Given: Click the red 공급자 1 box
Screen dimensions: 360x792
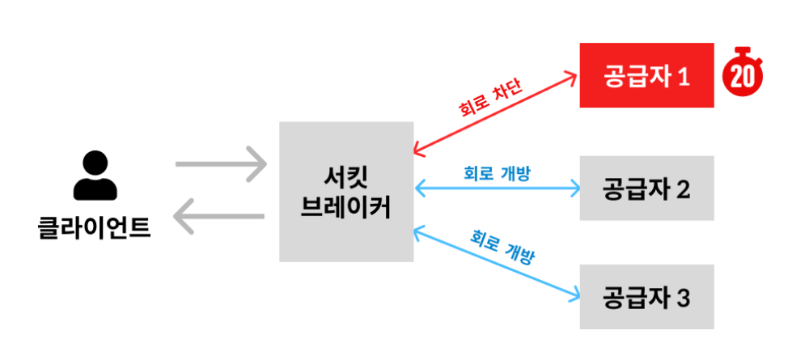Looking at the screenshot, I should tap(646, 75).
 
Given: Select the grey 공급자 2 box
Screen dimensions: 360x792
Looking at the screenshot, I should tap(646, 188).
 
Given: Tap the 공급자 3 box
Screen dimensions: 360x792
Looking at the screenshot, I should tap(646, 297).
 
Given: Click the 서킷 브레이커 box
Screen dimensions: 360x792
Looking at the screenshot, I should tap(345, 192).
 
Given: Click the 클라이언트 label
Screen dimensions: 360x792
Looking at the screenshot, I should tap(95, 227).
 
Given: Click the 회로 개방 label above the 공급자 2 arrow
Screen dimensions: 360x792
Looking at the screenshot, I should tap(497, 172).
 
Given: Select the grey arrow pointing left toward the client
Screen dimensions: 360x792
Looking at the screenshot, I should tap(220, 217).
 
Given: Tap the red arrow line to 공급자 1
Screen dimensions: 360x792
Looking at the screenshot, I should tap(453, 129).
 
